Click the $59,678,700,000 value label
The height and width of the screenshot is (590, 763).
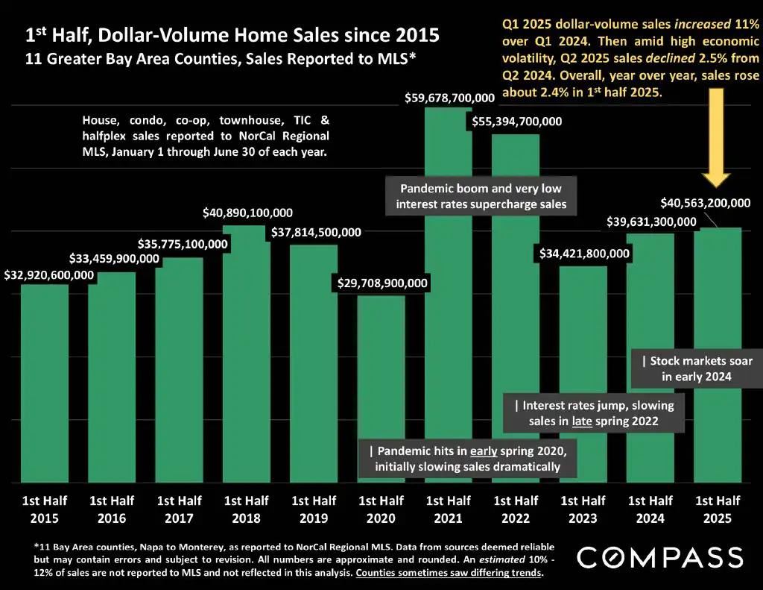pyautogui.click(x=449, y=98)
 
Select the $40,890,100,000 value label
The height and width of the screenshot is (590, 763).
pyautogui.click(x=247, y=213)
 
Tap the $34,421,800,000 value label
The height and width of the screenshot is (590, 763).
pyautogui.click(x=584, y=254)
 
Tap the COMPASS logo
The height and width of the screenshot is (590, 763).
pyautogui.click(x=660, y=557)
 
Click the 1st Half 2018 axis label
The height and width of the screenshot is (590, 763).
pyautogui.click(x=247, y=509)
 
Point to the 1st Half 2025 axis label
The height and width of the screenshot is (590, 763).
pyautogui.click(x=718, y=509)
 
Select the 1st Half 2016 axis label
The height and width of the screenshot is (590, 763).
pyautogui.click(x=111, y=509)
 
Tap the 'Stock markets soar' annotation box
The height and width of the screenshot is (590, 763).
pyautogui.click(x=697, y=368)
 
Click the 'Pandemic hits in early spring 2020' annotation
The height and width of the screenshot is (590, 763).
pyautogui.click(x=467, y=459)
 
